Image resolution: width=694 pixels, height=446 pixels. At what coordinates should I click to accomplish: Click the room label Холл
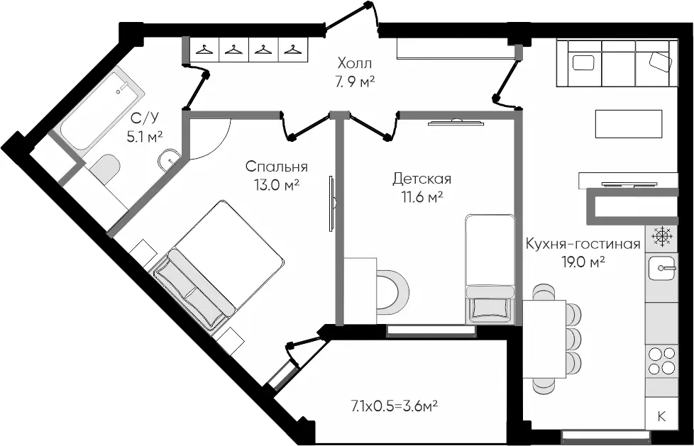click(355, 63)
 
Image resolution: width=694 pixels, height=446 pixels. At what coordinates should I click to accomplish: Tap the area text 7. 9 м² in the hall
click(355, 82)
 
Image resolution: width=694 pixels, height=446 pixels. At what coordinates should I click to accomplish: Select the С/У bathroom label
click(145, 118)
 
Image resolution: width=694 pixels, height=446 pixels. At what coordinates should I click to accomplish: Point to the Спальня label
click(277, 167)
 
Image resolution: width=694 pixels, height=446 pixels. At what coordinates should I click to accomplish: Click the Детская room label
click(422, 179)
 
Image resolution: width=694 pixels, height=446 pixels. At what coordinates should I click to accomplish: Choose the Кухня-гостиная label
click(583, 244)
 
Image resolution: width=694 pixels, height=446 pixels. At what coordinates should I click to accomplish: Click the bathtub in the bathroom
click(102, 109)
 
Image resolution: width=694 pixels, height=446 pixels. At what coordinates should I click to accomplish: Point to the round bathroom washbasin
click(169, 160)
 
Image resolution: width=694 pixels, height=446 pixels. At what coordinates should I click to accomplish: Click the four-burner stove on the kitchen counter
click(661, 361)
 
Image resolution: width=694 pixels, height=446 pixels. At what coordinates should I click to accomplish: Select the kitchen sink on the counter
click(661, 269)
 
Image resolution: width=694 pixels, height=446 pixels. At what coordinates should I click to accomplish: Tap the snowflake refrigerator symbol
click(661, 236)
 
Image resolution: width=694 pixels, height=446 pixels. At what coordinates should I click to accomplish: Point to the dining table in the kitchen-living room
click(545, 339)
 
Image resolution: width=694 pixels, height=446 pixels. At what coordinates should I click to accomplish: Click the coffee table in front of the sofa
click(629, 124)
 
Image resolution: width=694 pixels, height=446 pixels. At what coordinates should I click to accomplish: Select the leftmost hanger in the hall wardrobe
click(204, 49)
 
